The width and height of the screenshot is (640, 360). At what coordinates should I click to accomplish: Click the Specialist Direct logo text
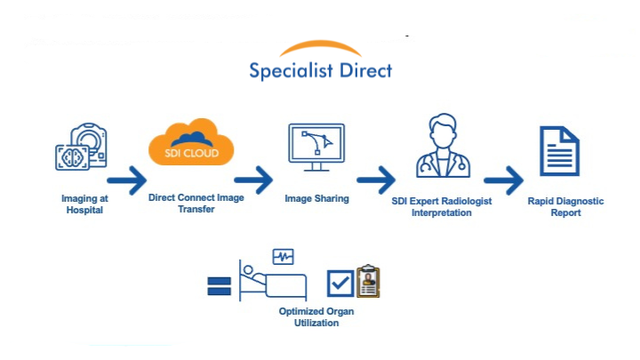[320, 70]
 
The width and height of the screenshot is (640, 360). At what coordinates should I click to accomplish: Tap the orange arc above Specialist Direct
[320, 46]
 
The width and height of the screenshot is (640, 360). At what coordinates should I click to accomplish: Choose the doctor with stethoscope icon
[442, 147]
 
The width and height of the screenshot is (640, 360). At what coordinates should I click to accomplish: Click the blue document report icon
[559, 150]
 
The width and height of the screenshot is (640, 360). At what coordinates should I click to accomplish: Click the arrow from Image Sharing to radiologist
[376, 180]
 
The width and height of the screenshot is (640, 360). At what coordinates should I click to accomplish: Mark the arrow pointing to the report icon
[503, 180]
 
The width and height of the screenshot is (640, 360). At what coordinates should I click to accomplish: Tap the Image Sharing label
[316, 198]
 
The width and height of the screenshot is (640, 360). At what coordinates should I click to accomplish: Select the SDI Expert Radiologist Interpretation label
[442, 207]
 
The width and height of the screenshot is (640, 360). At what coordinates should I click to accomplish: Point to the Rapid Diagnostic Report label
[565, 206]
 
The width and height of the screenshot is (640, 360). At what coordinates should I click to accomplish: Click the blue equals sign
[219, 285]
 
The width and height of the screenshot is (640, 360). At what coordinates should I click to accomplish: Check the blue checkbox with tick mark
[340, 284]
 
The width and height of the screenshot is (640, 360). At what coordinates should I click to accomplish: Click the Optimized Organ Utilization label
[308, 317]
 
